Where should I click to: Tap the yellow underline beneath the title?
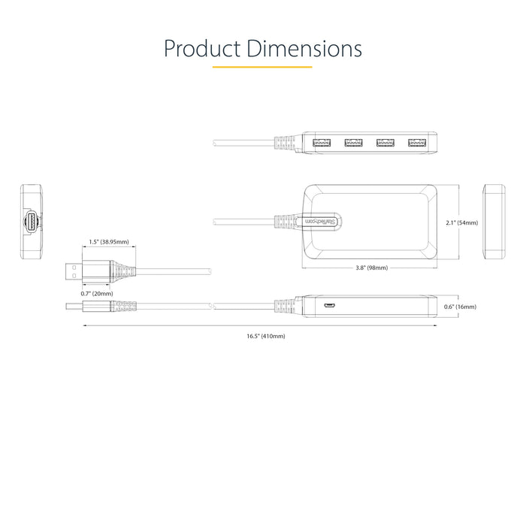point(262,68)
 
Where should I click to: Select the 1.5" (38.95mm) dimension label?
point(108,242)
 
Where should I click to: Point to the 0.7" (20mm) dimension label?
point(96,293)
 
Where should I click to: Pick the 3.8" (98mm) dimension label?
point(371,267)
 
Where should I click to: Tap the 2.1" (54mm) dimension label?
point(461,222)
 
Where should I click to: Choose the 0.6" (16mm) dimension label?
point(461,306)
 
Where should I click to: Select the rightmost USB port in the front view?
point(416,142)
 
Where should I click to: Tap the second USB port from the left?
point(352,142)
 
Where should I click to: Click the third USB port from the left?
point(385,142)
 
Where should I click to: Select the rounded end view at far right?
point(494,222)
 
